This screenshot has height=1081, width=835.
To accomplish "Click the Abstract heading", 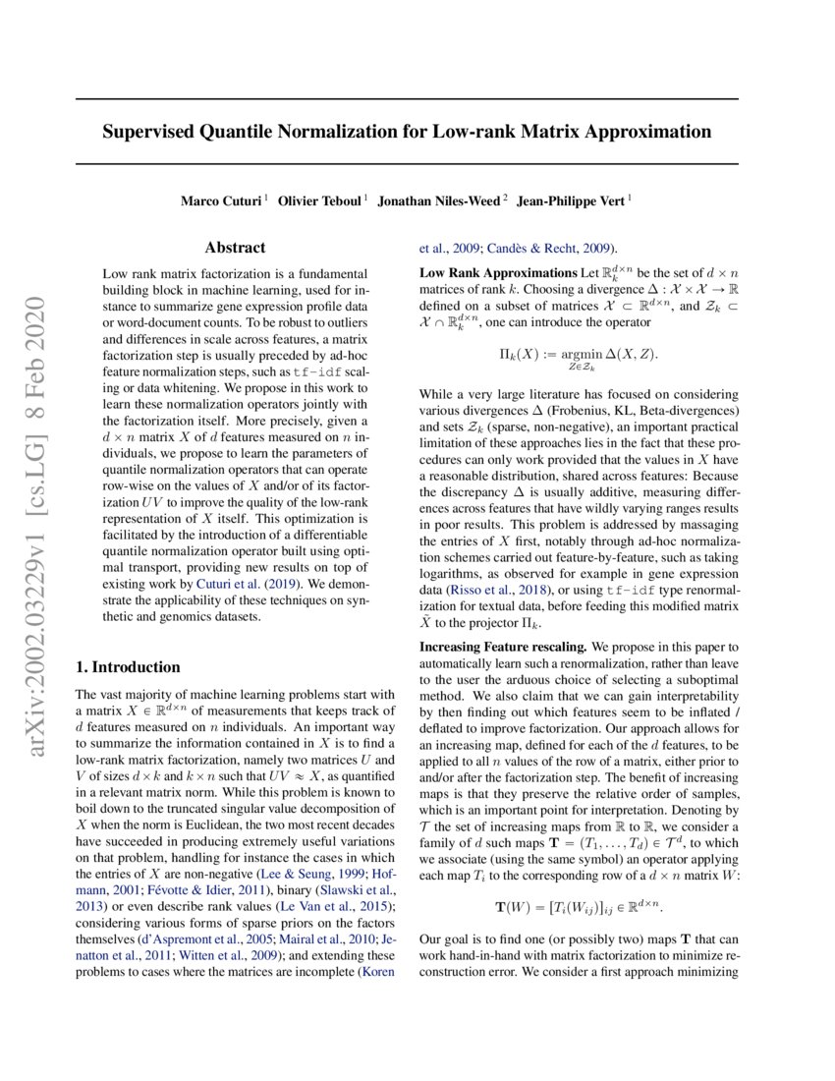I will (235, 248).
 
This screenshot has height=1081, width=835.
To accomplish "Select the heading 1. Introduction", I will (128, 667).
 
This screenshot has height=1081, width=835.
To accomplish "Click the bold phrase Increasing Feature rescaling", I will (502, 648).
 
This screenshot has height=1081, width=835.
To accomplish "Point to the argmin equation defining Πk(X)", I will (578, 356).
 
